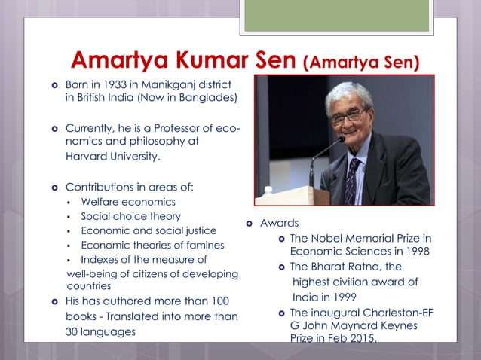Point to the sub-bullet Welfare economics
click(x=128, y=202)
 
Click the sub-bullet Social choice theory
click(x=130, y=216)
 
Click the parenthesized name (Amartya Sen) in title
click(x=361, y=61)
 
